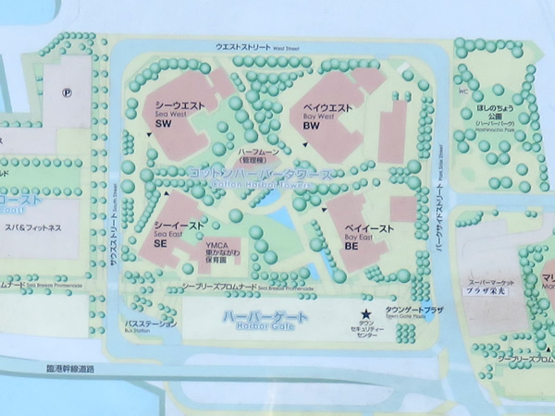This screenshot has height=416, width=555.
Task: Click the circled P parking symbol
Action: (x=67, y=92)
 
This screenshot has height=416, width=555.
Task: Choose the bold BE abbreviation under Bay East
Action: (x=351, y=246)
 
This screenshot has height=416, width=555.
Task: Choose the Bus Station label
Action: (x=142, y=325)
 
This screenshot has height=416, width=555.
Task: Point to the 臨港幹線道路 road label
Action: (x=68, y=368)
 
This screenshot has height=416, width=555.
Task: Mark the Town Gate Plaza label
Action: (x=408, y=312)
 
